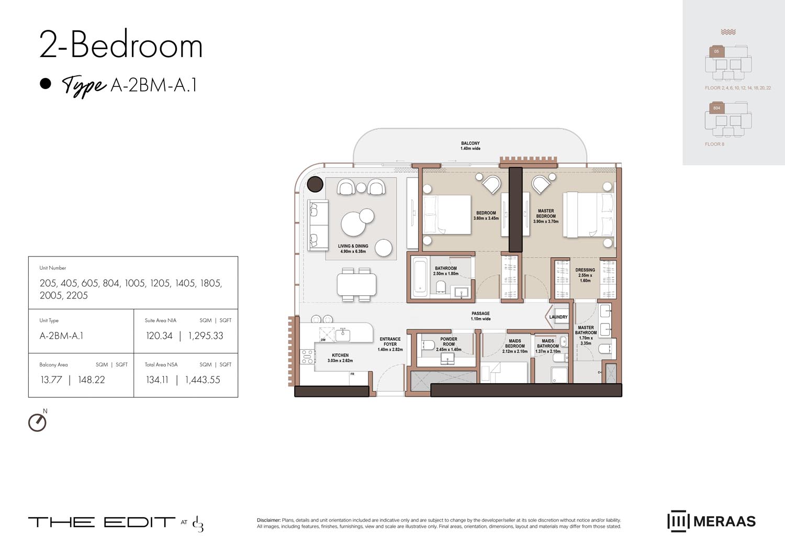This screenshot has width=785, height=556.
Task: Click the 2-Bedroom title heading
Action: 121,45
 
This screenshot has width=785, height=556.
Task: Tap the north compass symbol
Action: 37,422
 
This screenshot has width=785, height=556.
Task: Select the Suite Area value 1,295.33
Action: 206,336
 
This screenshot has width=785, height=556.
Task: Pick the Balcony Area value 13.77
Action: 51,380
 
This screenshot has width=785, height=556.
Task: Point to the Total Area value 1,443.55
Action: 203,380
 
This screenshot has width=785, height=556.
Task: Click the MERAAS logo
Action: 711,521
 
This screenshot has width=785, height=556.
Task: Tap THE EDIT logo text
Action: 102,522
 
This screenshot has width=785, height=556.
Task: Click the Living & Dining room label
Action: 353,249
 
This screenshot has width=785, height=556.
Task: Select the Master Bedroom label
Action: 546,216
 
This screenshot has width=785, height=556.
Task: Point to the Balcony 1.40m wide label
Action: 470,146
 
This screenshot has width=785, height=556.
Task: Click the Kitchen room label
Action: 340,358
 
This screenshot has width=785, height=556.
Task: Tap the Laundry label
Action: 558,317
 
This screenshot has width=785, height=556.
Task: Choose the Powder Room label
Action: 448,344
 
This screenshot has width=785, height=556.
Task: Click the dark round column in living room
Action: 315,184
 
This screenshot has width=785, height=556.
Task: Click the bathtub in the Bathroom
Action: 420,277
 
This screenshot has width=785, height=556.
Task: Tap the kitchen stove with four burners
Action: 308,357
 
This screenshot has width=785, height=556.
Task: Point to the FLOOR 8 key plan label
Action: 714,144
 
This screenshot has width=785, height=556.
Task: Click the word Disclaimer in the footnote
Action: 268,520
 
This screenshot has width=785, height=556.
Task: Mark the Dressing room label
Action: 585,275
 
